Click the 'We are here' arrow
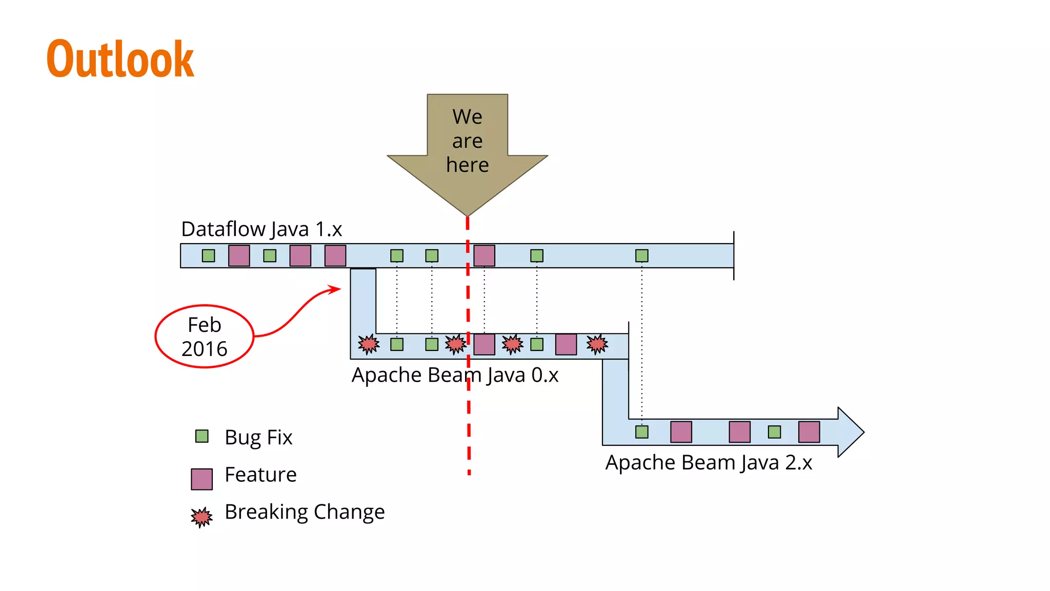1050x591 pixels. coord(467,149)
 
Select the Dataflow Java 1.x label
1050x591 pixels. coord(261,229)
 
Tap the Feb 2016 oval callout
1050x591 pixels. coord(205,337)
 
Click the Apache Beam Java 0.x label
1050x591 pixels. coord(454,375)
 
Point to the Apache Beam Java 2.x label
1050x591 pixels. coord(709,463)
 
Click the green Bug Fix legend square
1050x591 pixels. coord(202,436)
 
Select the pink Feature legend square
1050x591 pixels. coord(201,479)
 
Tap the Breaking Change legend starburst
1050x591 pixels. coord(201,517)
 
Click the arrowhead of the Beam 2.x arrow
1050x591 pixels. coord(850,432)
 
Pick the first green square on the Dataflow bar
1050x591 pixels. coord(208,255)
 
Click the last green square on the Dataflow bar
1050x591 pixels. coord(641,255)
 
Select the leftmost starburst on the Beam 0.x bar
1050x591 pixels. coord(369,344)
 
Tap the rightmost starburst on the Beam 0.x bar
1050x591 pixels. coord(597,344)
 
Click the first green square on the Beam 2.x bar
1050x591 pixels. coord(641,432)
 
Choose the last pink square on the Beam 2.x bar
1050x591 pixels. coord(809,432)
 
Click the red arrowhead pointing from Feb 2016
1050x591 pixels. coord(336,289)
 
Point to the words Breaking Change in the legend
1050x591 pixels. coord(305,512)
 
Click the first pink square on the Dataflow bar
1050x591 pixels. coord(239,255)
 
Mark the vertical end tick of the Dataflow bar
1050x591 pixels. coord(734,255)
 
